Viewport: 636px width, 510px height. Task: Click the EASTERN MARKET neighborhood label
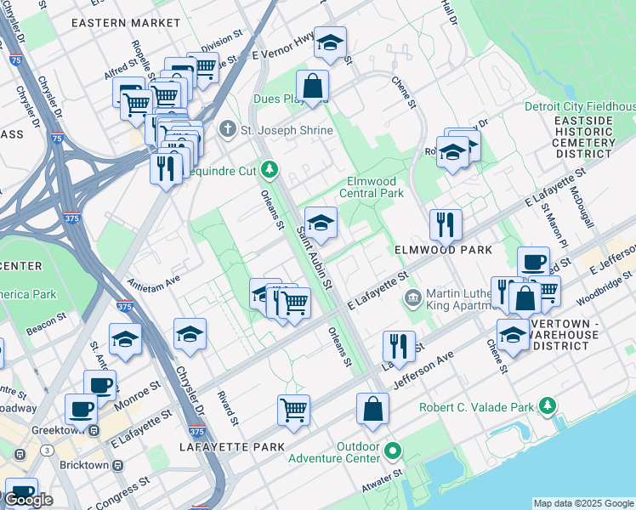pyautogui.click(x=126, y=23)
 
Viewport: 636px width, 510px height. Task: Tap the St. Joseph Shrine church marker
pyautogui.click(x=226, y=129)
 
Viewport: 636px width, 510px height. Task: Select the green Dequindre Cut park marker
pyautogui.click(x=270, y=169)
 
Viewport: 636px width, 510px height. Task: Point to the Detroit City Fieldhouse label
pyautogui.click(x=580, y=106)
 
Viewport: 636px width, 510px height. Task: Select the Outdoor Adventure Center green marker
pyautogui.click(x=392, y=449)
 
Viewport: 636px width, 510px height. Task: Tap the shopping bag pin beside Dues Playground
pyautogui.click(x=312, y=86)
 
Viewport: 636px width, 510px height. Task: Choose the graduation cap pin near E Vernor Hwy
pyautogui.click(x=330, y=43)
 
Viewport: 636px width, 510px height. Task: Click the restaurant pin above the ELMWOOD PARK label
pyautogui.click(x=446, y=225)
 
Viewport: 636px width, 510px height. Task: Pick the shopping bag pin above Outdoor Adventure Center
pyautogui.click(x=372, y=409)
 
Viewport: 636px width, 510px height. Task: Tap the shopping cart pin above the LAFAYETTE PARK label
pyautogui.click(x=293, y=410)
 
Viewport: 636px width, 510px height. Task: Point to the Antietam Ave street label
pyautogui.click(x=154, y=279)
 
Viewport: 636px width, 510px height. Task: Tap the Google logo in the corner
pyautogui.click(x=29, y=499)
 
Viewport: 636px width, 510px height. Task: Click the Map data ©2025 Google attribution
pyautogui.click(x=583, y=503)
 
